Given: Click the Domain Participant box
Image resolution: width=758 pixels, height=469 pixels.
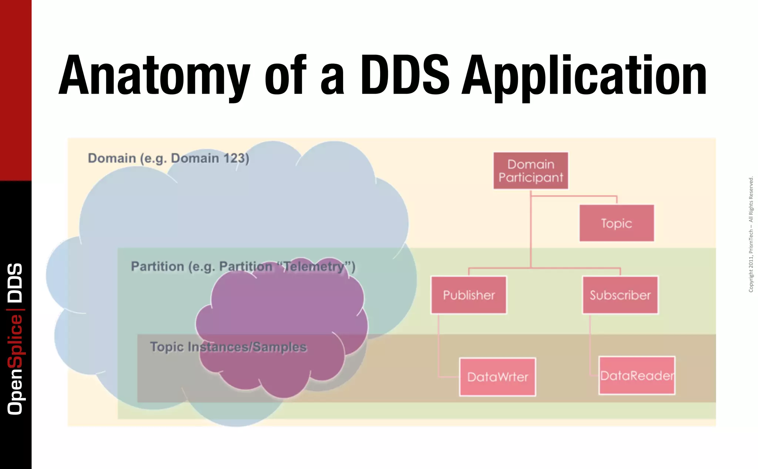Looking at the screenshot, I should (530, 171).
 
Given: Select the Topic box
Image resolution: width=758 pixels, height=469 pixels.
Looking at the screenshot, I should (617, 223).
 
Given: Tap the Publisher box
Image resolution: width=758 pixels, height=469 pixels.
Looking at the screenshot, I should (469, 295).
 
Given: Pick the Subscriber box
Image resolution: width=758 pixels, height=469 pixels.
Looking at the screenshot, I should (620, 295).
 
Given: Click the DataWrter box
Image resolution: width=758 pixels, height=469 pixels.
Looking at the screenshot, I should (497, 377).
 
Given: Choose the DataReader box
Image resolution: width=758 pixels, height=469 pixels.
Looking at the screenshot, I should (637, 376).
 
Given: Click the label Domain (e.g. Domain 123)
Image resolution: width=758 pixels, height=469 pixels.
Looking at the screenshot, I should (168, 158).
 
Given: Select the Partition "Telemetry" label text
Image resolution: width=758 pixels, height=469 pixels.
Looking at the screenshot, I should (243, 266).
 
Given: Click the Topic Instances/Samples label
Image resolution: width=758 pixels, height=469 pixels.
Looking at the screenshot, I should (228, 347).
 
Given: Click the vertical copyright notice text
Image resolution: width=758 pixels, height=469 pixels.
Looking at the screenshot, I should (751, 234).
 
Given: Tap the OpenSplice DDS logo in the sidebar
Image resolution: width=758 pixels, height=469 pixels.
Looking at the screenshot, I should (16, 339).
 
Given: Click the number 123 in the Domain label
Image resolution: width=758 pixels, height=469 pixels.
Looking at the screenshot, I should (235, 158).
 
